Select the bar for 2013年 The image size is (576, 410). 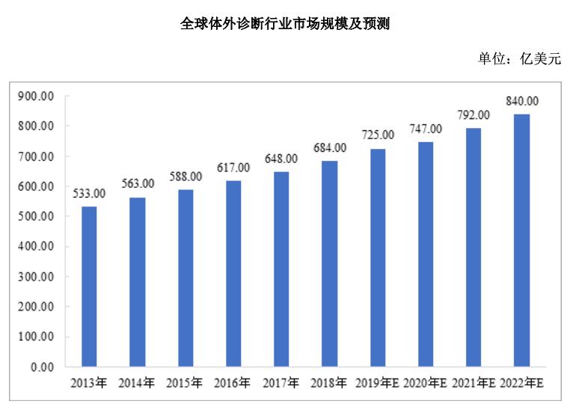pos(89,287)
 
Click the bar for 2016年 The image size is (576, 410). pos(233,274)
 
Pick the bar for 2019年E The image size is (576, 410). pos(378,258)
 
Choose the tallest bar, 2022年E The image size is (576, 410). pos(522,240)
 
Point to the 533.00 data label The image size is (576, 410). pos(89,194)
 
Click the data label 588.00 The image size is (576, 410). pos(186,177)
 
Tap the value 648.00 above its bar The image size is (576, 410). pos(281,159)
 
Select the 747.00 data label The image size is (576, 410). pos(426,129)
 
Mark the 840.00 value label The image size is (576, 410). pos(522,101)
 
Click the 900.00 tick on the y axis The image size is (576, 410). pos(37,97)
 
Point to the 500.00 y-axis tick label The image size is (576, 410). pos(37,217)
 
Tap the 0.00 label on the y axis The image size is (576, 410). pos(43,367)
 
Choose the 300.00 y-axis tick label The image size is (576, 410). pos(37,277)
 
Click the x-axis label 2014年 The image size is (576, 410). pos(137,383)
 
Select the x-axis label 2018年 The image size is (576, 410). pos(329,383)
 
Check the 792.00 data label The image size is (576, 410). pos(474,115)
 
